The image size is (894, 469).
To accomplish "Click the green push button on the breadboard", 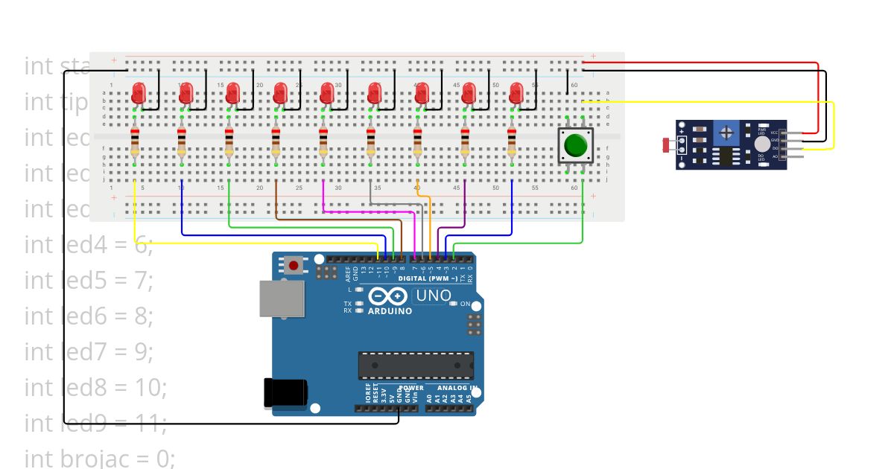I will click(x=574, y=145).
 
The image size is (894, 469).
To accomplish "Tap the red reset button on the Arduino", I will click(x=294, y=265).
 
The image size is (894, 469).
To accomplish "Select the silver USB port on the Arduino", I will click(x=282, y=298).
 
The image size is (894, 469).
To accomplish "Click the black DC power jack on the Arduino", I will click(x=285, y=393).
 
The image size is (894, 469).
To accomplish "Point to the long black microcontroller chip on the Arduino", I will click(x=416, y=366).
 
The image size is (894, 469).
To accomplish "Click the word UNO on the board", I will click(x=433, y=296).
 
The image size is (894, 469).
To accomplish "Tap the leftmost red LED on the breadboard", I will click(x=138, y=94).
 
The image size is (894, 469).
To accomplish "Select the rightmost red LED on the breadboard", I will click(x=516, y=94).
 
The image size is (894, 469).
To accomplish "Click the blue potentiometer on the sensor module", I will click(x=726, y=134).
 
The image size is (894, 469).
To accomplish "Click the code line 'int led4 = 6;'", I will click(x=89, y=244).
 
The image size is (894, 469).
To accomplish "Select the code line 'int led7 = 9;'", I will click(x=89, y=351).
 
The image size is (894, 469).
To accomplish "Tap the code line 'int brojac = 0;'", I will click(x=100, y=458).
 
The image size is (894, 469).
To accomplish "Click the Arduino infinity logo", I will click(x=389, y=296).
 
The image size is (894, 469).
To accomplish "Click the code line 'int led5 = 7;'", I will click(x=89, y=280).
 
